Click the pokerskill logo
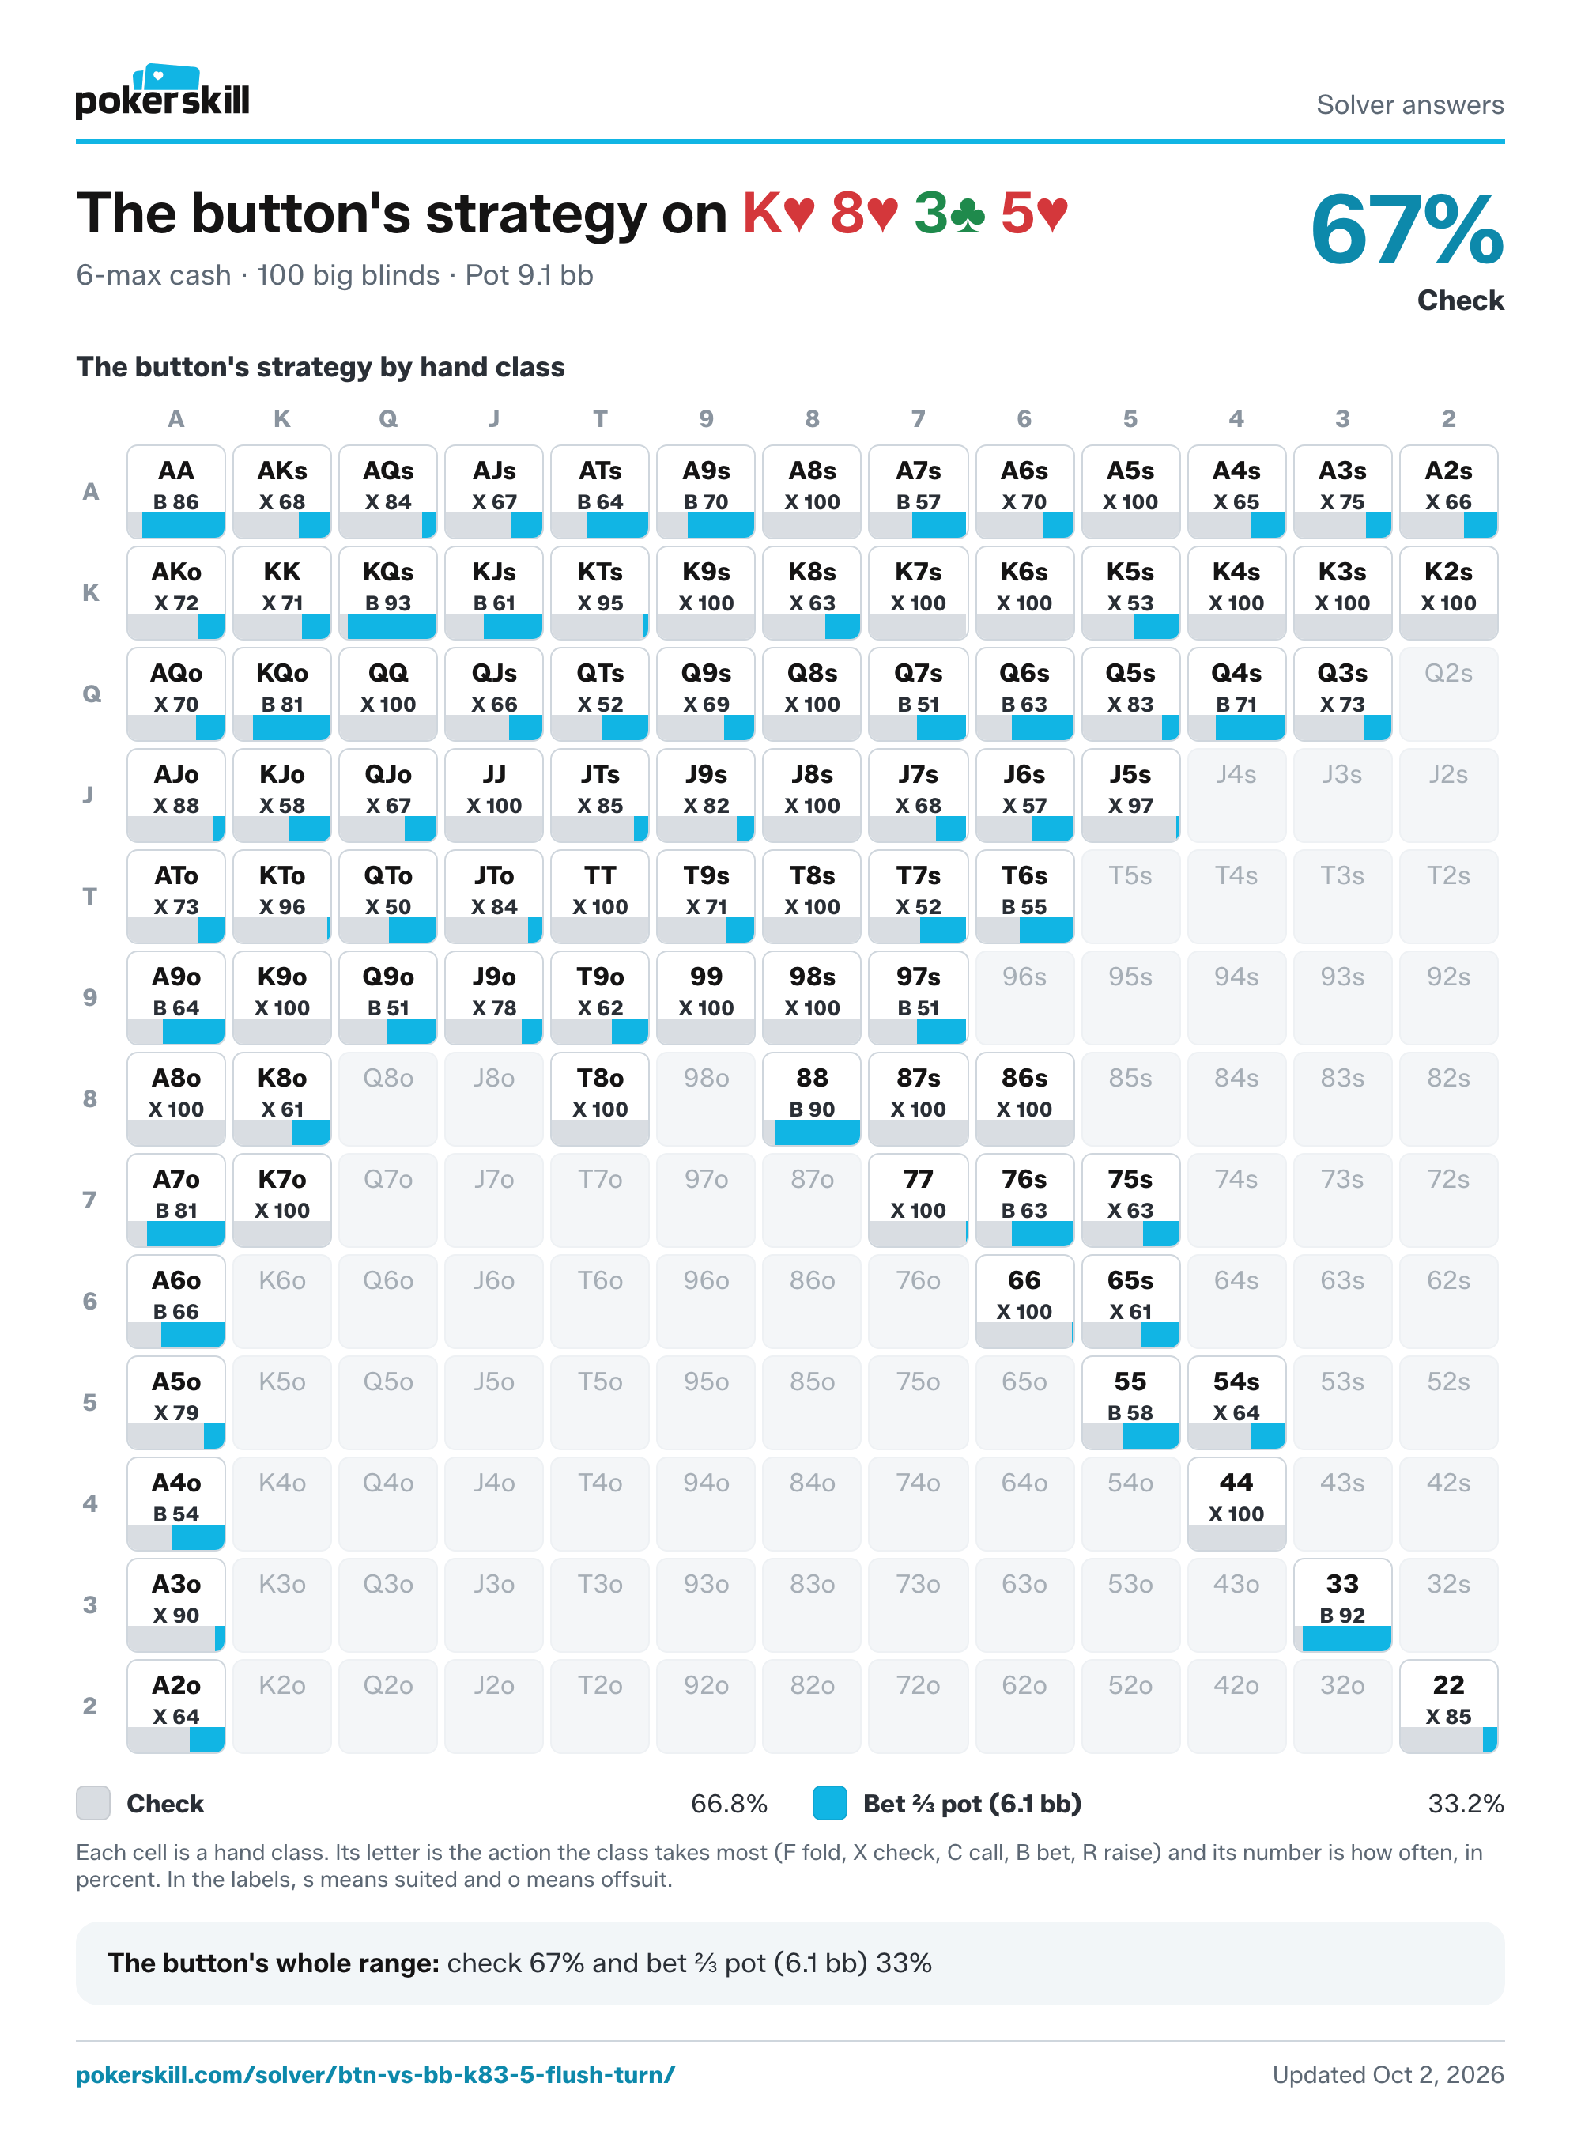tap(162, 92)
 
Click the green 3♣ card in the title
tap(949, 213)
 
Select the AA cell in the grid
tap(176, 491)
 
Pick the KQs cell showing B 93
tap(387, 592)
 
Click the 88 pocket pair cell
tap(812, 1098)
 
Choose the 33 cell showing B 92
tap(1341, 1605)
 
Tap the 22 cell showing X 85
tap(1448, 1706)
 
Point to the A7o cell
tap(176, 1200)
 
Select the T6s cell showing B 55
tap(1024, 896)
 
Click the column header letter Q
tap(387, 418)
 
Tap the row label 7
tap(90, 1200)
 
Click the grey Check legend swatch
tap(92, 1803)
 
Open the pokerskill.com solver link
tap(375, 2075)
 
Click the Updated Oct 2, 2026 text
tap(1387, 2075)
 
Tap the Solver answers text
tap(1409, 105)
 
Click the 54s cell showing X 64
tap(1236, 1402)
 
